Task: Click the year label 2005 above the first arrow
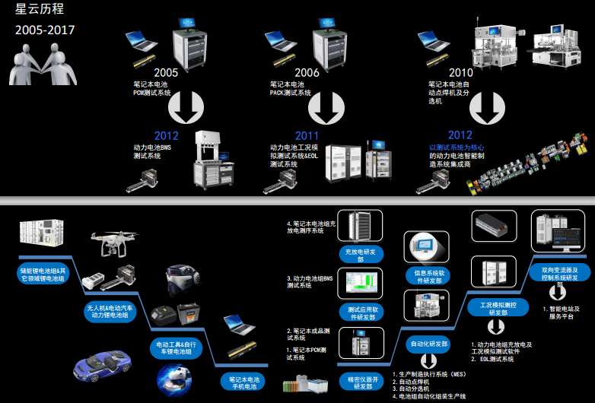[x=165, y=73]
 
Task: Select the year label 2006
[x=307, y=73]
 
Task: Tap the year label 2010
[x=461, y=73]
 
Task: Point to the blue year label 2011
[x=307, y=135]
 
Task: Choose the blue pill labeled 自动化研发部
[x=429, y=344]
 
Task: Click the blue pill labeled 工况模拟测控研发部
[x=498, y=307]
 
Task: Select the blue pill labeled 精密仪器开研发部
[x=360, y=382]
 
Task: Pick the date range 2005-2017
[x=45, y=31]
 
